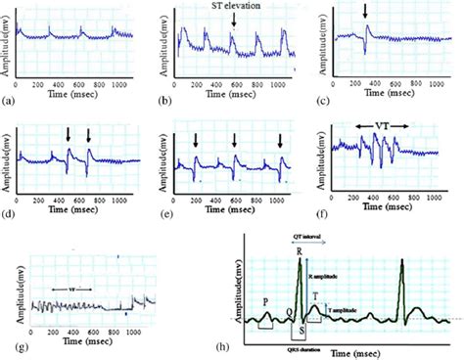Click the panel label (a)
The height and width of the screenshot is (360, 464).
[x=9, y=101]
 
